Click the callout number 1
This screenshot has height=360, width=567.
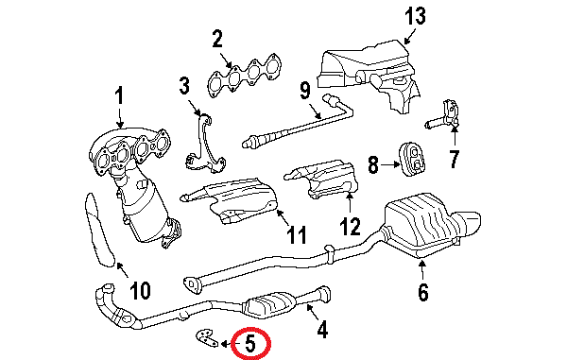pyautogui.click(x=120, y=95)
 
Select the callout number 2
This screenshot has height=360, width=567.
pyautogui.click(x=216, y=39)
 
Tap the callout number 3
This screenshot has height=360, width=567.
pyautogui.click(x=184, y=89)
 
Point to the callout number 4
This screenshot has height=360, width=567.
pyautogui.click(x=321, y=330)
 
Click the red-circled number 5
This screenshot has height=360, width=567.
pyautogui.click(x=249, y=345)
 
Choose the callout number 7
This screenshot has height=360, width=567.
pyautogui.click(x=454, y=159)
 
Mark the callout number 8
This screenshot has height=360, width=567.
pyautogui.click(x=373, y=165)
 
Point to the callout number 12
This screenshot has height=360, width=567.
pyautogui.click(x=351, y=226)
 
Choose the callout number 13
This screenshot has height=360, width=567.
pyautogui.click(x=416, y=16)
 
